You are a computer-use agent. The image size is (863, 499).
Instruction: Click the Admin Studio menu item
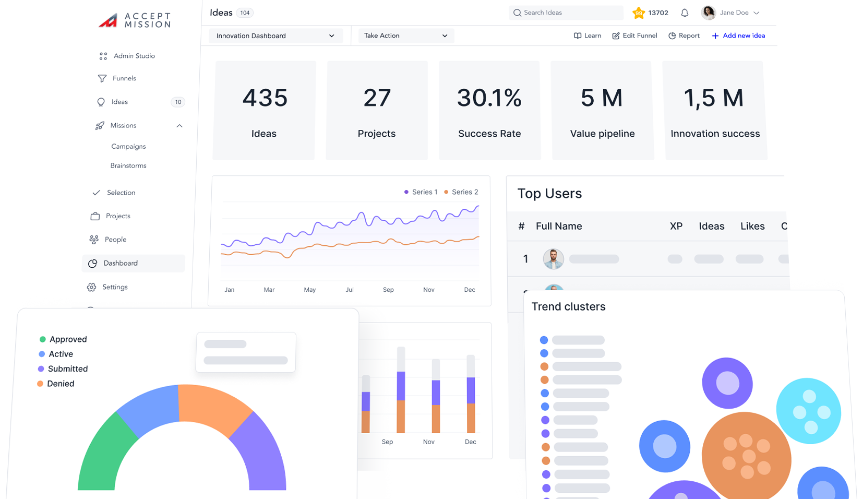[134, 56]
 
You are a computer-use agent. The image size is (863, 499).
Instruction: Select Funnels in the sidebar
[124, 78]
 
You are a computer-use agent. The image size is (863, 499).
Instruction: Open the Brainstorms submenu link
[128, 165]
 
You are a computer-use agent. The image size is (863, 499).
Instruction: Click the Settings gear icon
[92, 287]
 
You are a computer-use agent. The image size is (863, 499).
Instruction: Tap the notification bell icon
[685, 13]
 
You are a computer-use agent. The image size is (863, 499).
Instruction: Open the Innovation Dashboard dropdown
[275, 36]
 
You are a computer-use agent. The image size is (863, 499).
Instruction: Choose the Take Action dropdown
[405, 36]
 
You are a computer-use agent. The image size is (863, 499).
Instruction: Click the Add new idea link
[738, 35]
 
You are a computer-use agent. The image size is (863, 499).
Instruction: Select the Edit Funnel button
[634, 35]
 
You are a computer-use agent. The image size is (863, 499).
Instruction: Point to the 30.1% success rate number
[489, 98]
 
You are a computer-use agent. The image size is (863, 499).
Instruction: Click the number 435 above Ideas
[265, 98]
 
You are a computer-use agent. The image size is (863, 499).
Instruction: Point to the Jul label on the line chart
[350, 290]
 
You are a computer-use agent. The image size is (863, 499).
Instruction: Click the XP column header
[676, 226]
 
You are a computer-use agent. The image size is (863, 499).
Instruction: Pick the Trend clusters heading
[568, 306]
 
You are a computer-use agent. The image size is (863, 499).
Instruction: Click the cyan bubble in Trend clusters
[808, 411]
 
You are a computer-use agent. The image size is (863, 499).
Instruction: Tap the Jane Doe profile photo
[708, 13]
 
